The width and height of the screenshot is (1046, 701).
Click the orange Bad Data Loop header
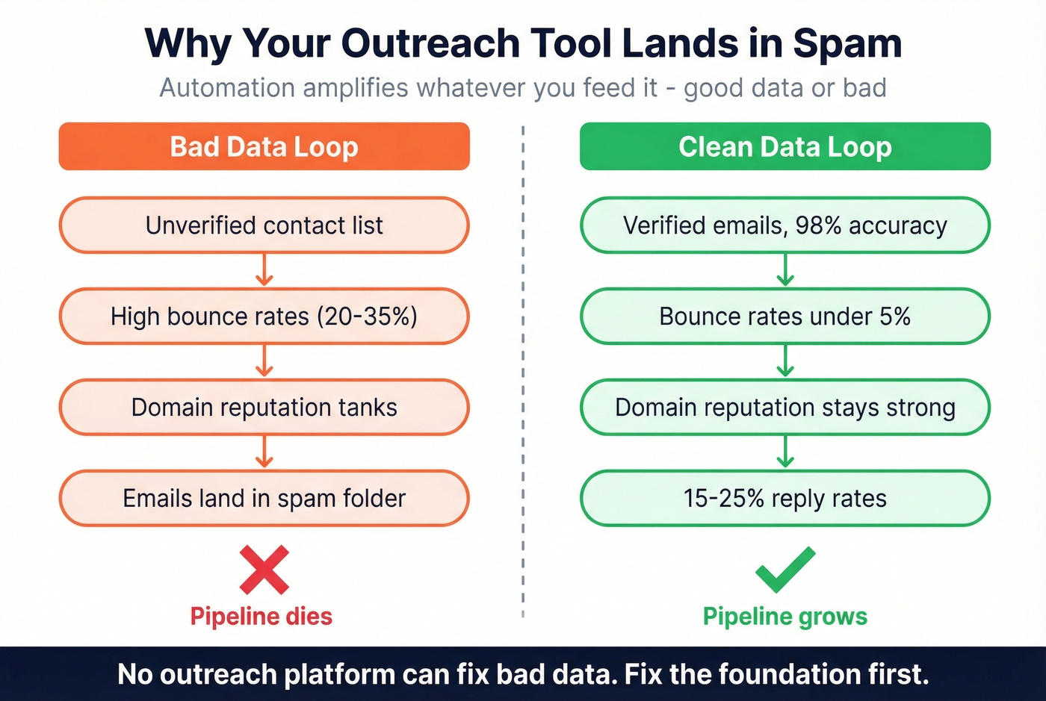click(264, 146)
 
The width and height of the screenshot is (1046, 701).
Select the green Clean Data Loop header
click(784, 146)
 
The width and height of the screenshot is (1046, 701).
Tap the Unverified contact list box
click(264, 225)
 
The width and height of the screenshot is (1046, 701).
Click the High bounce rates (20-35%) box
click(264, 317)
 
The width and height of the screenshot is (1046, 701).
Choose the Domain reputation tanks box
click(264, 408)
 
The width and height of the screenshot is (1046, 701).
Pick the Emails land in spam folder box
click(264, 498)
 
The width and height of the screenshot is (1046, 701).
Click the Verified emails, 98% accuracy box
click(784, 225)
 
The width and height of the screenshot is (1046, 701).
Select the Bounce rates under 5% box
click(784, 317)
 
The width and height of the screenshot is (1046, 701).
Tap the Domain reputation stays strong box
click(784, 408)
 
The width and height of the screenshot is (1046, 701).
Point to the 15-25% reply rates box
click(784, 498)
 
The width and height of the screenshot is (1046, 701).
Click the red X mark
click(264, 570)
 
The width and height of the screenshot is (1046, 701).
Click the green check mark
click(784, 569)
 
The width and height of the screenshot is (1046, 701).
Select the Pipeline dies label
click(261, 617)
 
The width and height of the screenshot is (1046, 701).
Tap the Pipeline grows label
click(784, 617)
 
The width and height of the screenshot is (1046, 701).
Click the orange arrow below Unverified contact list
click(264, 270)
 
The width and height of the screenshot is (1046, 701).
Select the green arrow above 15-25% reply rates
click(784, 452)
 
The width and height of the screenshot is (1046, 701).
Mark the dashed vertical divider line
click(523, 373)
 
